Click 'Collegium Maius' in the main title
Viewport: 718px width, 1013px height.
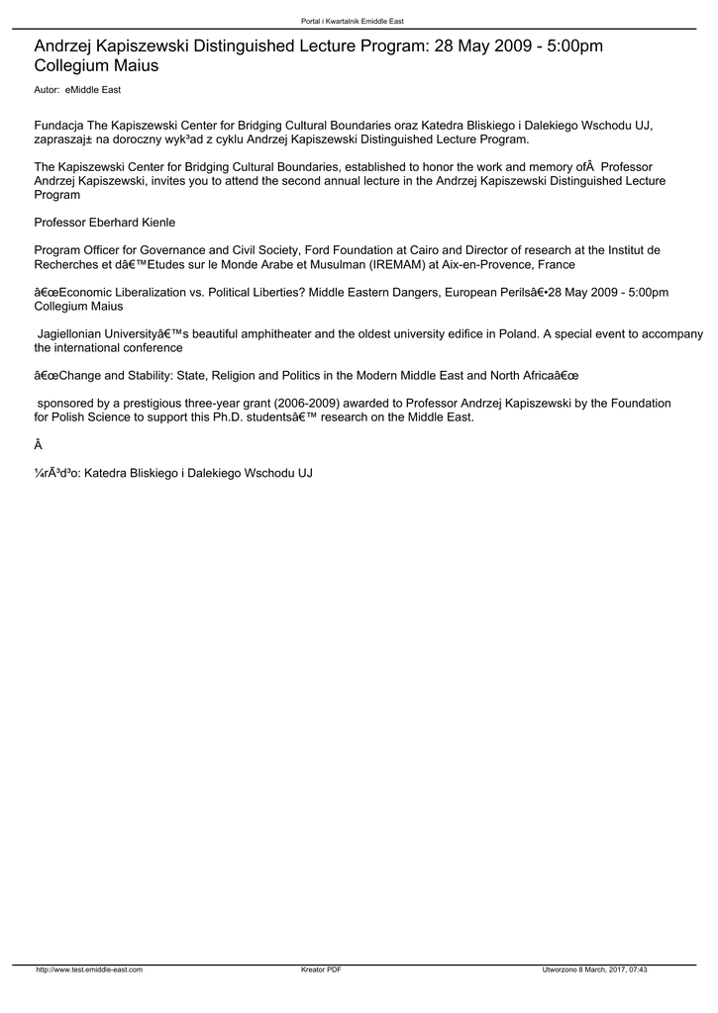coord(96,66)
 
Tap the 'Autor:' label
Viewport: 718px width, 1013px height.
coord(47,90)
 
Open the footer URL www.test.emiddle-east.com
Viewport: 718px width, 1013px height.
coord(89,970)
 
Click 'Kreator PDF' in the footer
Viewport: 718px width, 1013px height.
coord(321,970)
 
